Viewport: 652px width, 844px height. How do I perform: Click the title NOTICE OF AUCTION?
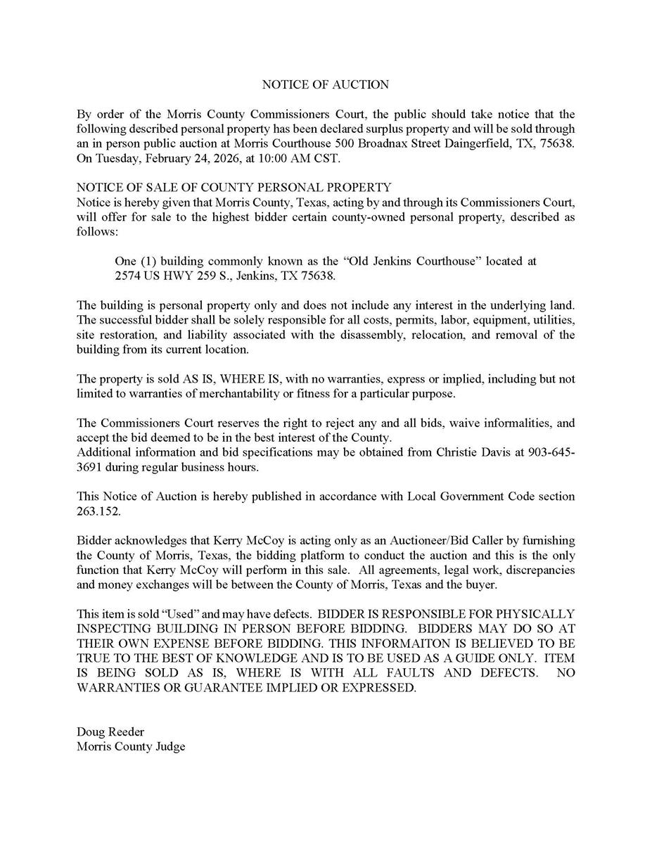tap(325, 84)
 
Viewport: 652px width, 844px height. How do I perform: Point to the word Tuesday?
tap(116, 158)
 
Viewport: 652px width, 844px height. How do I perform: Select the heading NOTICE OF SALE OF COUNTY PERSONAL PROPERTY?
tap(234, 188)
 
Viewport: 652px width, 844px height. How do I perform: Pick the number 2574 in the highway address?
tap(129, 276)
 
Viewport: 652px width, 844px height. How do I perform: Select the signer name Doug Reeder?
tap(110, 732)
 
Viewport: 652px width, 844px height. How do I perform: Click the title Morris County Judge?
tap(131, 747)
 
